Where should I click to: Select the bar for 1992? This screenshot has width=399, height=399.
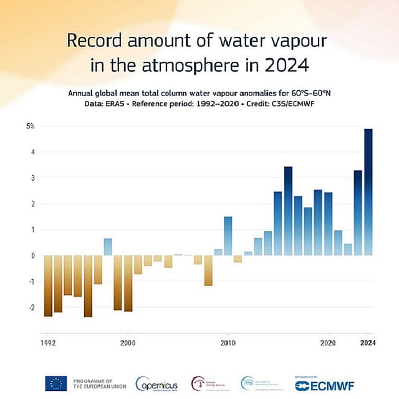point(48,286)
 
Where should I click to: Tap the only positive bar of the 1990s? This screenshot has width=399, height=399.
point(108,247)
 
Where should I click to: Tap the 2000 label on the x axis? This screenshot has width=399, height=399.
point(128,343)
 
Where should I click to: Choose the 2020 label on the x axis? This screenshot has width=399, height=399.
point(329,343)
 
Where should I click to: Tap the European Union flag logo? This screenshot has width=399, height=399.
point(55,383)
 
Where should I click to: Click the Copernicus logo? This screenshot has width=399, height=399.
point(156,383)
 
